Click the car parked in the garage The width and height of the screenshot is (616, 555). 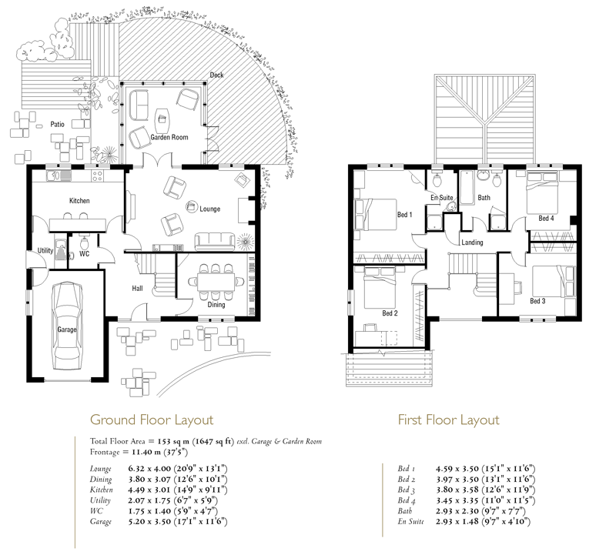pyautogui.click(x=67, y=326)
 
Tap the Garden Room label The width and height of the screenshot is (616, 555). pyautogui.click(x=169, y=137)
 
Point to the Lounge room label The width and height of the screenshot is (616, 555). pyautogui.click(x=209, y=209)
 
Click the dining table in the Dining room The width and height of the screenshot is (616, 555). pyautogui.click(x=216, y=282)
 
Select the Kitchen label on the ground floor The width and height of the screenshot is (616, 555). pyautogui.click(x=79, y=201)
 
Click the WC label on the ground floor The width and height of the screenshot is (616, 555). pyautogui.click(x=85, y=254)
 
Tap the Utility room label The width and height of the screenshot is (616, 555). pyautogui.click(x=45, y=251)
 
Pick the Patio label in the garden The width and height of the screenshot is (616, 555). pyautogui.click(x=57, y=124)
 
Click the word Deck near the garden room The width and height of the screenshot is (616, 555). pyautogui.click(x=216, y=75)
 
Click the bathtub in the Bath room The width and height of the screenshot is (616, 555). pyautogui.click(x=467, y=187)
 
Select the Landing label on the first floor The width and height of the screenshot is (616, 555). pyautogui.click(x=472, y=242)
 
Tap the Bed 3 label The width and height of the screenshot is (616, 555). pyautogui.click(x=537, y=301)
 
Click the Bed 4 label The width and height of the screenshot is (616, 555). pyautogui.click(x=546, y=219)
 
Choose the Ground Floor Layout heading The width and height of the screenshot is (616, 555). pyautogui.click(x=152, y=420)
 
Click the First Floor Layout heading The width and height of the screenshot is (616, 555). pyautogui.click(x=448, y=420)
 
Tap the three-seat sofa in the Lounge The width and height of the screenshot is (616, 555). pyautogui.click(x=214, y=242)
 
